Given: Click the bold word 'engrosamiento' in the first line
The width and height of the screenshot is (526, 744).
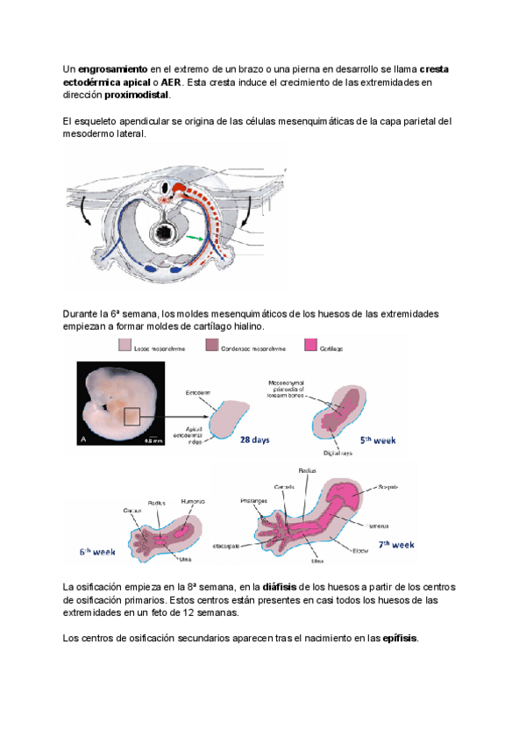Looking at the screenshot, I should tap(111, 68).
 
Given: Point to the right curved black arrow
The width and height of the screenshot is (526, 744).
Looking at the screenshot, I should tap(251, 211).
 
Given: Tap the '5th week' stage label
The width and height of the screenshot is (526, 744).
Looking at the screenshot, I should tap(380, 441).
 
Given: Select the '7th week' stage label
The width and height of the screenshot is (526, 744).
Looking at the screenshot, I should tap(395, 544).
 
